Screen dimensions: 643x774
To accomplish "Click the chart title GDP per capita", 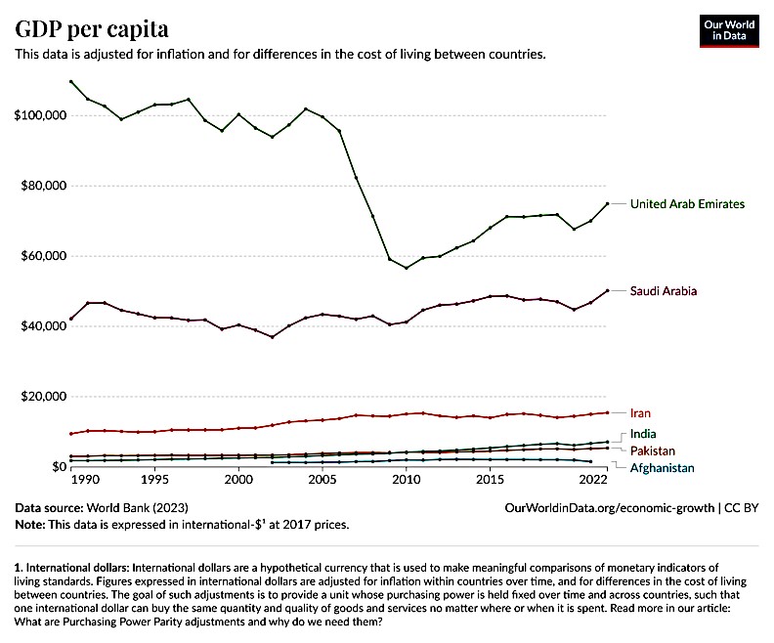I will coord(91,27).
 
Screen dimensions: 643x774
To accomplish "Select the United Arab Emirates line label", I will coord(687,204).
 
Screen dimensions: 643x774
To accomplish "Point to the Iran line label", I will coord(641,413).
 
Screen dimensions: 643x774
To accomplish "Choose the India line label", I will coord(643,433).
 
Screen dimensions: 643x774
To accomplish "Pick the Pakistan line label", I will coord(653,450).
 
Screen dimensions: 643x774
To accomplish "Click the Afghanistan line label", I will coord(662,468).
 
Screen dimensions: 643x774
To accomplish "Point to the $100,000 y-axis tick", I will coord(38,115).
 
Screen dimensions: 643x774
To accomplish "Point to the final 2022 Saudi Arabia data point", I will coord(608,290).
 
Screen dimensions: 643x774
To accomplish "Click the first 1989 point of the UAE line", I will coord(71,82).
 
